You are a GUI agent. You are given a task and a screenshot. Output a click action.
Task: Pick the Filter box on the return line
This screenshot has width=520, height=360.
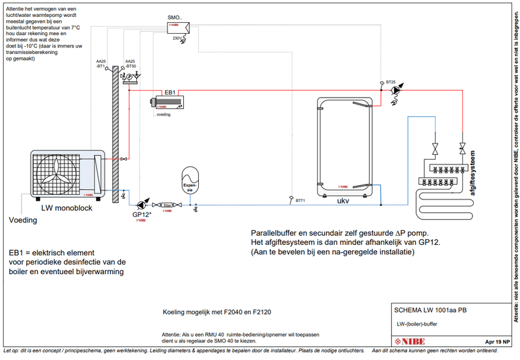coord(168,204)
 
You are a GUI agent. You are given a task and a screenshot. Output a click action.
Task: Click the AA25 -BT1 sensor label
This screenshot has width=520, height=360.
coord(101,64)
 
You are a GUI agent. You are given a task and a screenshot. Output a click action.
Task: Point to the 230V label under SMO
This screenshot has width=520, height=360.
coord(177,39)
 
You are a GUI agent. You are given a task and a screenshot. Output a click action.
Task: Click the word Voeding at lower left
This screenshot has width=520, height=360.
coord(22,220)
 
